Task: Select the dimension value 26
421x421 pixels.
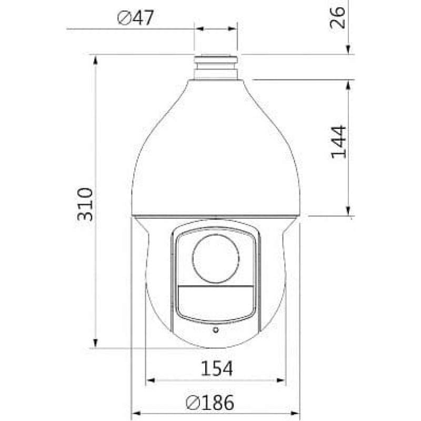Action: [x=339, y=17]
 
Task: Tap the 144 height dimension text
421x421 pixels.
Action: [x=338, y=142]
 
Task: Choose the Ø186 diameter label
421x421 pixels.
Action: [x=209, y=403]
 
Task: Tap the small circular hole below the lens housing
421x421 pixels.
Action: [x=215, y=330]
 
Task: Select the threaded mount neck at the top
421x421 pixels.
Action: [x=216, y=66]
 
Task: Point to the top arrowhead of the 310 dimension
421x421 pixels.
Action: [x=95, y=59]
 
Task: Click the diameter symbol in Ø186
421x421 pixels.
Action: [x=193, y=404]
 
